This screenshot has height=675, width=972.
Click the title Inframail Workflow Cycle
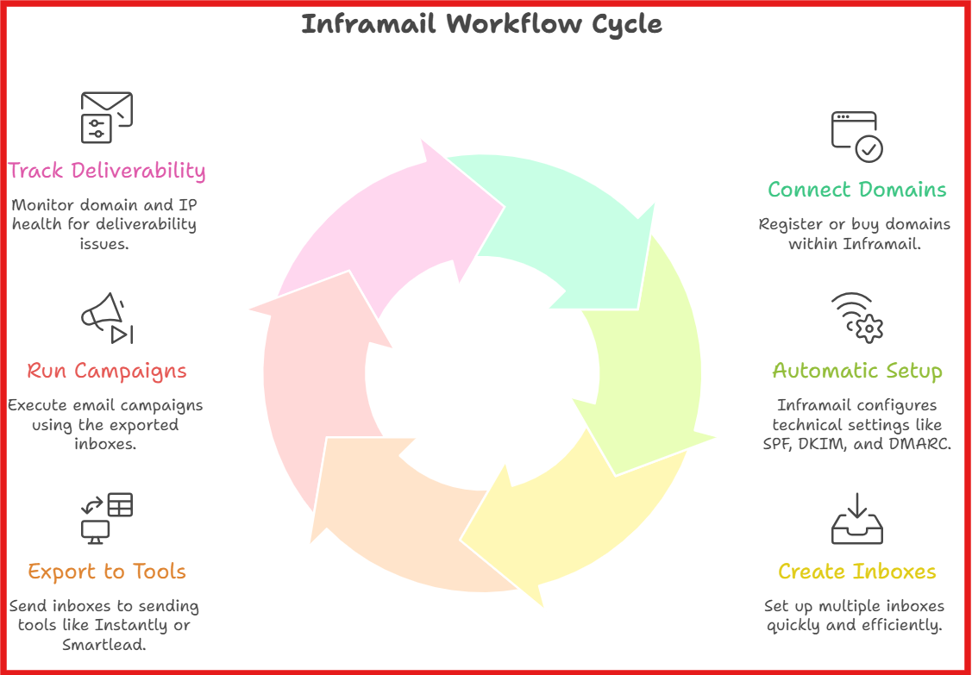coord(481,24)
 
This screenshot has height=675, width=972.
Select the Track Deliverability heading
coord(107,171)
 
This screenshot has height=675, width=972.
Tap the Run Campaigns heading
coord(107,372)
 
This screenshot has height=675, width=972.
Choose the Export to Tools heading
coord(107,572)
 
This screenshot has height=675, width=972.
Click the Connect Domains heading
coord(856,190)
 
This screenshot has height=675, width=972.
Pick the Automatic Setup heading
coord(856,372)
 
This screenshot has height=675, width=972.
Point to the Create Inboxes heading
coord(856,572)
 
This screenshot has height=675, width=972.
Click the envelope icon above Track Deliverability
coord(106,116)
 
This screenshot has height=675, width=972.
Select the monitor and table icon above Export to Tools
coord(106,518)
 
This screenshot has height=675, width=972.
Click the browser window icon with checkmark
coord(856,136)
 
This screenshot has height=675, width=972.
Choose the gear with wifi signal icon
coord(856,318)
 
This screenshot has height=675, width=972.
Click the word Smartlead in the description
coord(103,645)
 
